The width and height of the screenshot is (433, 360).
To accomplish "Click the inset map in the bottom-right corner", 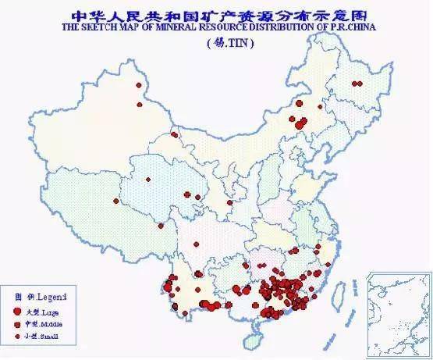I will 399,312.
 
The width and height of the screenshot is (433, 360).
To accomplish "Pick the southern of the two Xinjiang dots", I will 140,103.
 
